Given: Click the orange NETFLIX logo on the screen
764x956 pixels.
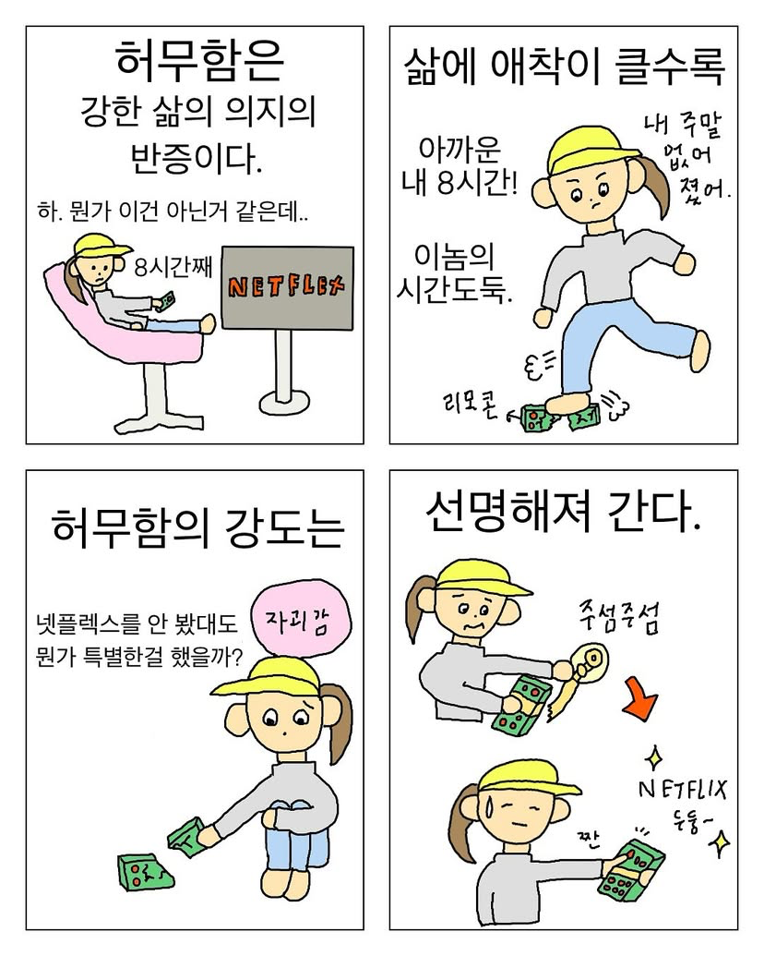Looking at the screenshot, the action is tap(286, 286).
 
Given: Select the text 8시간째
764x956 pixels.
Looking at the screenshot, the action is tap(173, 268).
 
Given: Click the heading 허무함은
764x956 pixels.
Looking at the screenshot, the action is tap(198, 61).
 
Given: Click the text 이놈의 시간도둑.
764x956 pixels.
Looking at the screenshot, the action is tap(454, 274).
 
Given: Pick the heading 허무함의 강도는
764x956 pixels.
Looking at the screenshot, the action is tap(198, 528).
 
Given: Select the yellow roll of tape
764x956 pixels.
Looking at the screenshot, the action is tap(590, 661).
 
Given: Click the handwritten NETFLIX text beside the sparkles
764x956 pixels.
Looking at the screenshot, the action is tap(683, 790).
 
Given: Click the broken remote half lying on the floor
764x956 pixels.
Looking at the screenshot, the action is tap(145, 872).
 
